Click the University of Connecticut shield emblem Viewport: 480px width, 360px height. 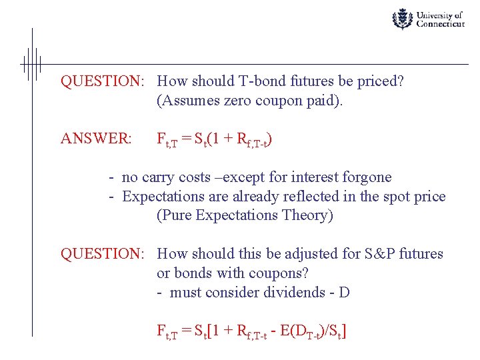click(402, 19)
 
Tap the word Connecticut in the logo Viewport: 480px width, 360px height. click(440, 24)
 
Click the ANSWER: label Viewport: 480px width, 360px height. click(96, 139)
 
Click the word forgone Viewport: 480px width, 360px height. click(366, 177)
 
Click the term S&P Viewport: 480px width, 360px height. click(381, 254)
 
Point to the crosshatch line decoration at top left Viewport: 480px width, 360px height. click(31, 64)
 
